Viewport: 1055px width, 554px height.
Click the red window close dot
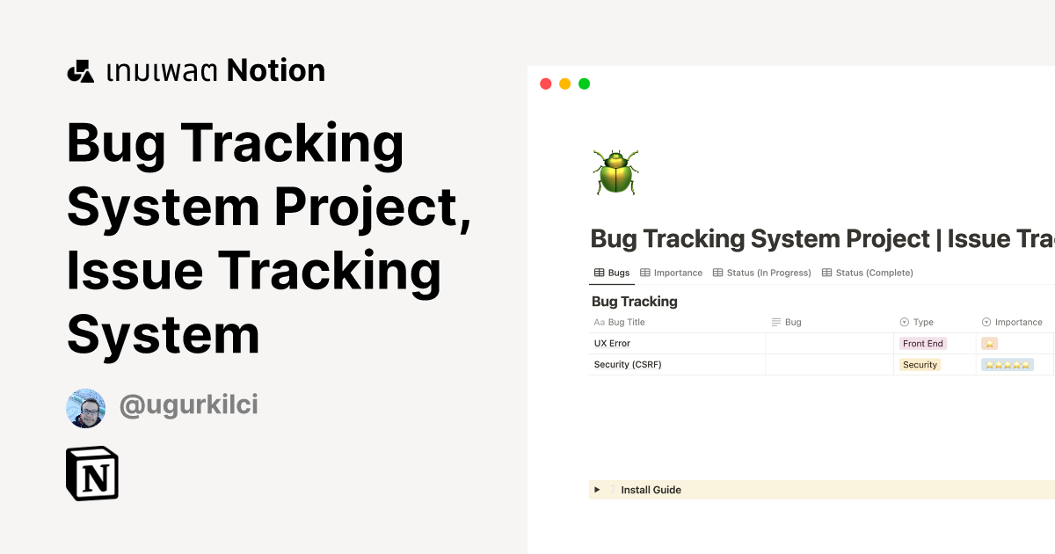tap(545, 84)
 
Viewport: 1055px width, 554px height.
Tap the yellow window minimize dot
tap(564, 84)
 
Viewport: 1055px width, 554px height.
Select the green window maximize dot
tap(584, 84)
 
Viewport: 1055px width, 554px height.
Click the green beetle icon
tap(615, 171)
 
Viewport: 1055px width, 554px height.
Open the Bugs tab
tap(612, 273)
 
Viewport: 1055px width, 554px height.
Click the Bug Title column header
tap(626, 322)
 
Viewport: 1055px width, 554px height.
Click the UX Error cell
tap(613, 343)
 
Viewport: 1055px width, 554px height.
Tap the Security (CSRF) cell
tap(627, 364)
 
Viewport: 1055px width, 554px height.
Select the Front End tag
tap(922, 343)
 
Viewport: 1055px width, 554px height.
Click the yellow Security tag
tap(920, 364)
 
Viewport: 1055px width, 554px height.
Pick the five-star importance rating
tap(1007, 364)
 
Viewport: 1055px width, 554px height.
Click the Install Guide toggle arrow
tap(597, 490)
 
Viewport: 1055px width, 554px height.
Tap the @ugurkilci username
tap(188, 405)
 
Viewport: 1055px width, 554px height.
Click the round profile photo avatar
tap(86, 408)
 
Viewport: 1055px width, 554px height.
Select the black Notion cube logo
tap(92, 473)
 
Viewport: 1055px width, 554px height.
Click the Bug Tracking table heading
tap(635, 302)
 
